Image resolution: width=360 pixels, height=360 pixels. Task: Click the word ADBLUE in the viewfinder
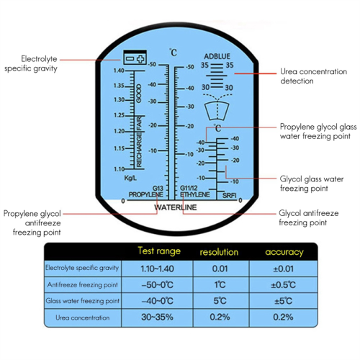click(218, 55)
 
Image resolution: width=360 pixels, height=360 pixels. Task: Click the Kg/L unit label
click(130, 177)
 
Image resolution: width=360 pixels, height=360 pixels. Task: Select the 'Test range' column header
click(158, 251)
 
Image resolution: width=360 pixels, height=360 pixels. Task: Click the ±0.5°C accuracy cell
click(284, 284)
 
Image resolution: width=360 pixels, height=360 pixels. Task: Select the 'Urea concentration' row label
click(81, 317)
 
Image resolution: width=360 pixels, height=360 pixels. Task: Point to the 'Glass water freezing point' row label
click(81, 300)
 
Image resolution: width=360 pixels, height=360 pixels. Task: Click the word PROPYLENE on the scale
click(144, 194)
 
